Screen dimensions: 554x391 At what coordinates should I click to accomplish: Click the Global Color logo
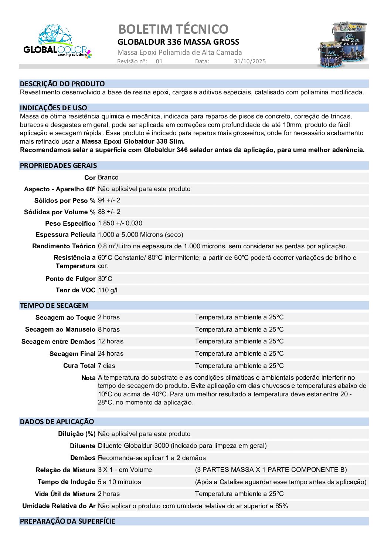pos(57,41)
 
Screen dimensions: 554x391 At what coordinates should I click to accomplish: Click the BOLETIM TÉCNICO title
pos(173,29)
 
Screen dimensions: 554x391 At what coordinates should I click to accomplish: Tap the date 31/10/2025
pos(249,61)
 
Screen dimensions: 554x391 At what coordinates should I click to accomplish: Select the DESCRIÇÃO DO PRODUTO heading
pos(62,84)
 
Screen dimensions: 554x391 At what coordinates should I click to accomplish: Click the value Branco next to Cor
pos(108,177)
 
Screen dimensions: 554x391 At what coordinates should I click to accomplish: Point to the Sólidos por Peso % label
pos(65,201)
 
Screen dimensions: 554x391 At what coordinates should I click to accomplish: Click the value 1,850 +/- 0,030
pos(120,223)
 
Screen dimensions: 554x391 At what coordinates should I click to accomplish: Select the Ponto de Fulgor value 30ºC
pos(105,279)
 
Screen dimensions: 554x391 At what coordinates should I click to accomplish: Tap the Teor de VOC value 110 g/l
pos(108,290)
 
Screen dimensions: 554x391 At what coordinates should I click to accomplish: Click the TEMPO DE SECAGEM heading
pos(54,305)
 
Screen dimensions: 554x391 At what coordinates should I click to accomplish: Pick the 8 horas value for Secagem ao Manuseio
pos(109,329)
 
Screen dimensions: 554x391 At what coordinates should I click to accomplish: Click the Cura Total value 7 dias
pos(106,366)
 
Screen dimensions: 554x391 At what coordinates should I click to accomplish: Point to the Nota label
pos(88,378)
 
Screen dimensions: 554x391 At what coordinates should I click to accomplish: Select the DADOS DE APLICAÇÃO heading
pos(57,422)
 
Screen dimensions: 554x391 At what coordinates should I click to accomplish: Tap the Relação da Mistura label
pos(65,470)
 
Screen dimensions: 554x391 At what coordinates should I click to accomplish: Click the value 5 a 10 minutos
pos(119,482)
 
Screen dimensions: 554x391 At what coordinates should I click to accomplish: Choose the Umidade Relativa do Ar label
pos(59,506)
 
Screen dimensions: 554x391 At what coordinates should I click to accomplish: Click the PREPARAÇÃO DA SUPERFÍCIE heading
pos(67,521)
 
